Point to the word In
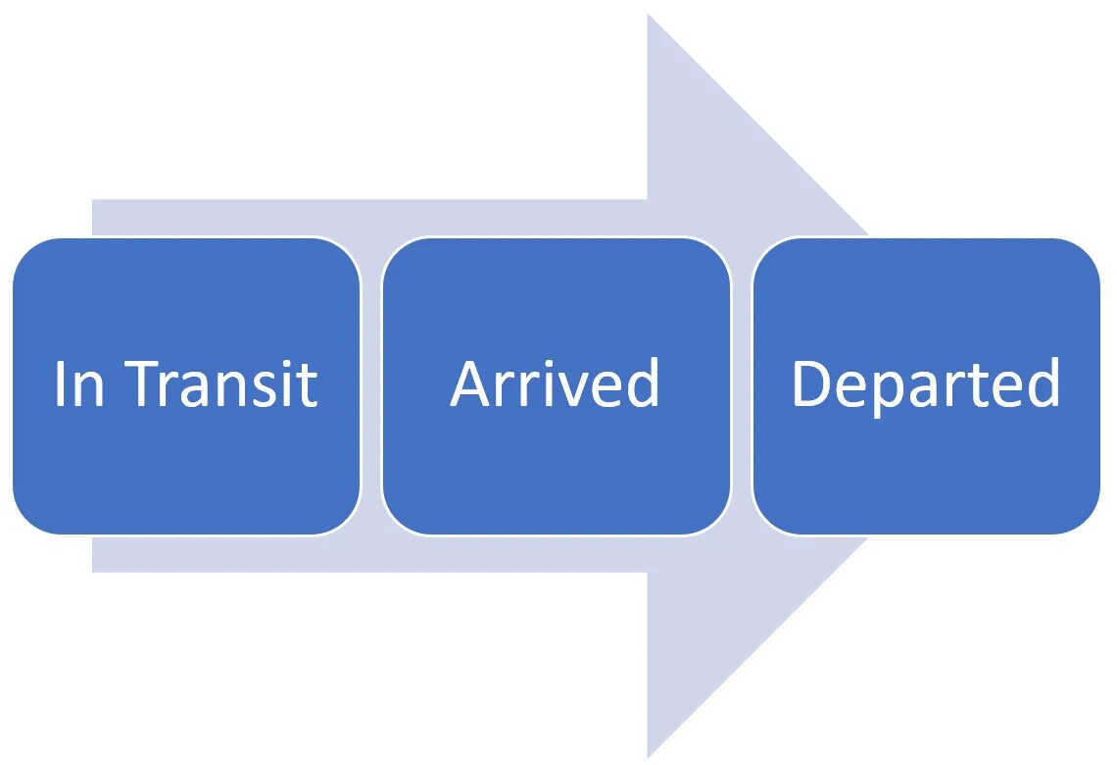78,383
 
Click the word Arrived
556,383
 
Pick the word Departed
926,385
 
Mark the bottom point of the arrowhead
650,753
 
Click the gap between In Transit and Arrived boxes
370,386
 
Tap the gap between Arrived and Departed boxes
741,386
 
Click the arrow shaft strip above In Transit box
225,218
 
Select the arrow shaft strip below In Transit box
225,553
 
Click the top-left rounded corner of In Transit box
27,253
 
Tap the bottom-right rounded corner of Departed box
1085,519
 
